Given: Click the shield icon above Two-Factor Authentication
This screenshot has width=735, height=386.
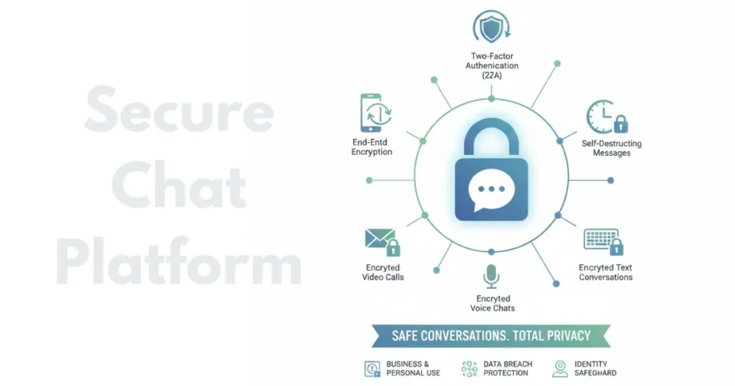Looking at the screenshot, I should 491,27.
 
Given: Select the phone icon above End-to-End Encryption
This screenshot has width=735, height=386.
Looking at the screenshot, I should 370,113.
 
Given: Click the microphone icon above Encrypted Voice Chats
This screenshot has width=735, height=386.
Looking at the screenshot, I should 492,276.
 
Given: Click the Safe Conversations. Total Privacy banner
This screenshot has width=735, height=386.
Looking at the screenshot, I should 491,336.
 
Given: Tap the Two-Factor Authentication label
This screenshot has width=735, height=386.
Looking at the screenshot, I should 492,65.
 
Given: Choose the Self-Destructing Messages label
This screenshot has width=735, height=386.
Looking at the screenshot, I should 611,149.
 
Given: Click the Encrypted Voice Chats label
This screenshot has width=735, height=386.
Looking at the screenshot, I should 492,303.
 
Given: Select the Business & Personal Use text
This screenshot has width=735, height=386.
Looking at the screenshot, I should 413,369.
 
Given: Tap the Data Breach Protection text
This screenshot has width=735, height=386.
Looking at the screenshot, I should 507,369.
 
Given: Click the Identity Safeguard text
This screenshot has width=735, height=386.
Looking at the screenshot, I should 595,369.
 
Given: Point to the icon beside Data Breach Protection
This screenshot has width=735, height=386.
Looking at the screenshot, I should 469,369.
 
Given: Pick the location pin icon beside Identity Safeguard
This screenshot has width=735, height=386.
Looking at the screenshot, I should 560,369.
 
